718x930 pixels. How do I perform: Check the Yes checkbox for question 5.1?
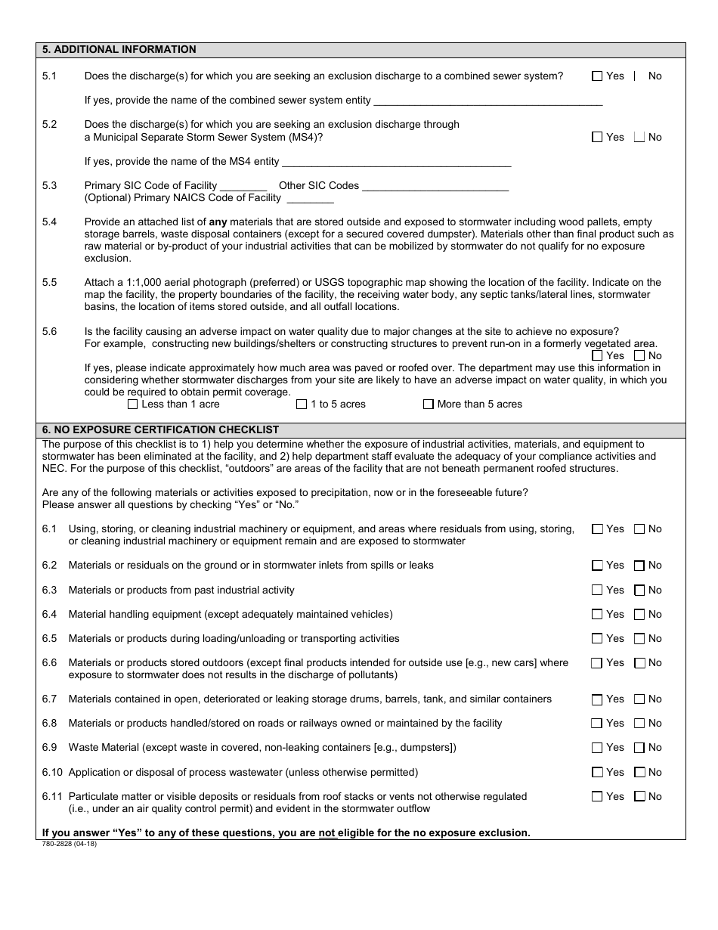tap(597, 76)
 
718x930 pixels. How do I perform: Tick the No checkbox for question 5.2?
tap(639, 137)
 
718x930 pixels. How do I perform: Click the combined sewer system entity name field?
tap(487, 100)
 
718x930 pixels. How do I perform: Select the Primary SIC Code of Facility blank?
tap(243, 185)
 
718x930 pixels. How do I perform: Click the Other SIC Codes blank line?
tap(435, 185)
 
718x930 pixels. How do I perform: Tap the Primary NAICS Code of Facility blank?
tap(310, 198)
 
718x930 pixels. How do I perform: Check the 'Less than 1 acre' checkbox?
tap(133, 404)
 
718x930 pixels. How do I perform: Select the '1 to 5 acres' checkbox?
tap(302, 404)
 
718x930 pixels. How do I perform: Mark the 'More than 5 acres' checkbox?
tap(429, 404)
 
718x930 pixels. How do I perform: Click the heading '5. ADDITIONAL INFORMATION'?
tap(119, 50)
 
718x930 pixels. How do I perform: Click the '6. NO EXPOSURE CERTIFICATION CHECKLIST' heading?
tap(161, 429)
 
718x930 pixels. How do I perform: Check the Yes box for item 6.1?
tap(597, 529)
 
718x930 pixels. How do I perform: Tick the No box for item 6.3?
tap(639, 590)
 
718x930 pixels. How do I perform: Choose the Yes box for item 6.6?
tap(597, 663)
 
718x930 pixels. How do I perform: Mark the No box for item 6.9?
tap(639, 748)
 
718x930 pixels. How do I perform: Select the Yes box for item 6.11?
tap(597, 796)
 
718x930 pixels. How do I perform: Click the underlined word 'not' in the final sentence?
tap(327, 832)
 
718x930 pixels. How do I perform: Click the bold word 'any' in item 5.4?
tap(218, 222)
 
